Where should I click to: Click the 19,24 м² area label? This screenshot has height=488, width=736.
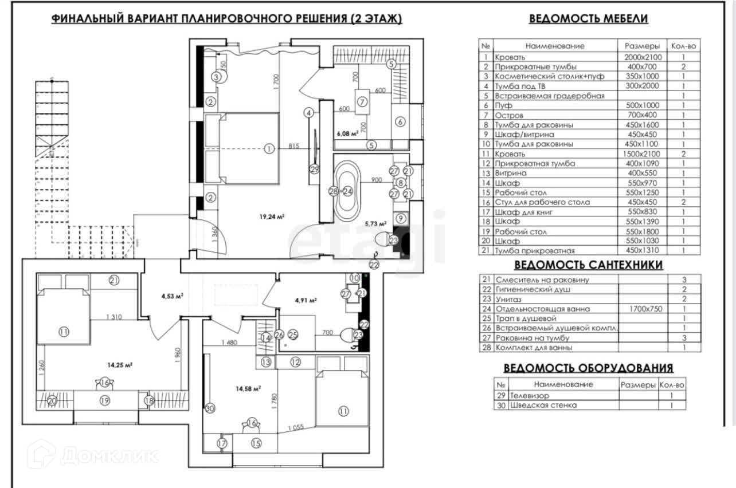tap(272, 217)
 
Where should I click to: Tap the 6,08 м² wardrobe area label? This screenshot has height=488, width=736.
tap(348, 133)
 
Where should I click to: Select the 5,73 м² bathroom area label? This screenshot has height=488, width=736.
tap(375, 224)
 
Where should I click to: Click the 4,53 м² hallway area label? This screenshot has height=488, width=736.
tap(172, 296)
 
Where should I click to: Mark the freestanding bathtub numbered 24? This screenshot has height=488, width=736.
tap(347, 191)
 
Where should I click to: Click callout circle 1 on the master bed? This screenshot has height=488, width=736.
tap(269, 149)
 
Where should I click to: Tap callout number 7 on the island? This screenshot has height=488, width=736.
tap(362, 102)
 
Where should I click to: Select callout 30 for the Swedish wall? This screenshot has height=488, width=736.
tap(210, 408)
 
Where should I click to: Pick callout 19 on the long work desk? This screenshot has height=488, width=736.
tap(104, 401)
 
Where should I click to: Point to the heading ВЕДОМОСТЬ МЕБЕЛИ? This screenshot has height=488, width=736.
tap(588, 18)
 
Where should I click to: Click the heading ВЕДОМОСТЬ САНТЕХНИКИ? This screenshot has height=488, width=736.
tap(588, 265)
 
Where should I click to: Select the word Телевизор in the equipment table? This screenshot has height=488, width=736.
tap(530, 396)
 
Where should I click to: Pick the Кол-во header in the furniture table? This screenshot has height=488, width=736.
tap(683, 46)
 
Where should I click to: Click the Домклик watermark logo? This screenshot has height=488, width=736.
tap(95, 456)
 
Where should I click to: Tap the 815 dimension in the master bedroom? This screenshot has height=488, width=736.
tap(292, 145)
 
